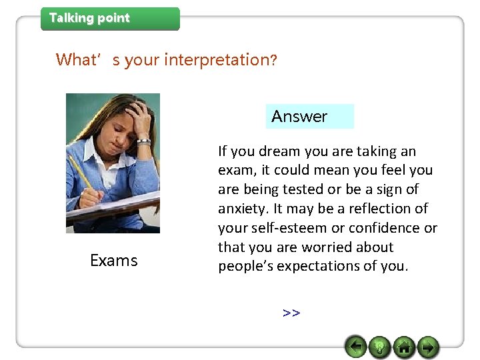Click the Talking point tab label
89,19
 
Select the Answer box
309,117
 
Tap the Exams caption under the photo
113,261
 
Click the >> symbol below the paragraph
291,313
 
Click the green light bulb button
379,347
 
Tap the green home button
403,347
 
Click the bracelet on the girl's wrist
143,141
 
